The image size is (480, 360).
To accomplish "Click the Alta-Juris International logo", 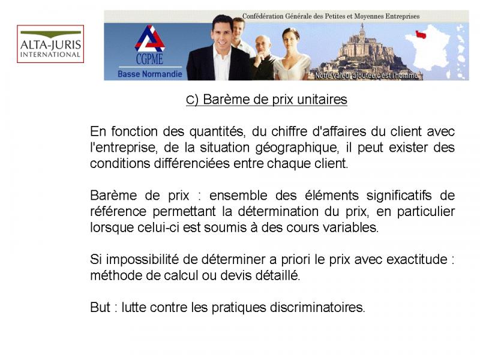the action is point(50,44).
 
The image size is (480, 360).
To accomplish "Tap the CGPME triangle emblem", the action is point(149,39).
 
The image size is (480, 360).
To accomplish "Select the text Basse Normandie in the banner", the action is point(149,74).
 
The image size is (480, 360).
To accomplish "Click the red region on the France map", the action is point(421,34).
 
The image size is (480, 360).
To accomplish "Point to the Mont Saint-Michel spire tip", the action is point(362,23).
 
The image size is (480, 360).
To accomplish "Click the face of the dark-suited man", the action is point(223,33).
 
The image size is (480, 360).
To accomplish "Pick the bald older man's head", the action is point(263,44).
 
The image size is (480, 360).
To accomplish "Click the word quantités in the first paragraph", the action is point(217,132).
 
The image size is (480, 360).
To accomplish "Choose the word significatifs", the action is point(399,196).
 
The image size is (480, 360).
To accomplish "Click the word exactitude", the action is point(417,260).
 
